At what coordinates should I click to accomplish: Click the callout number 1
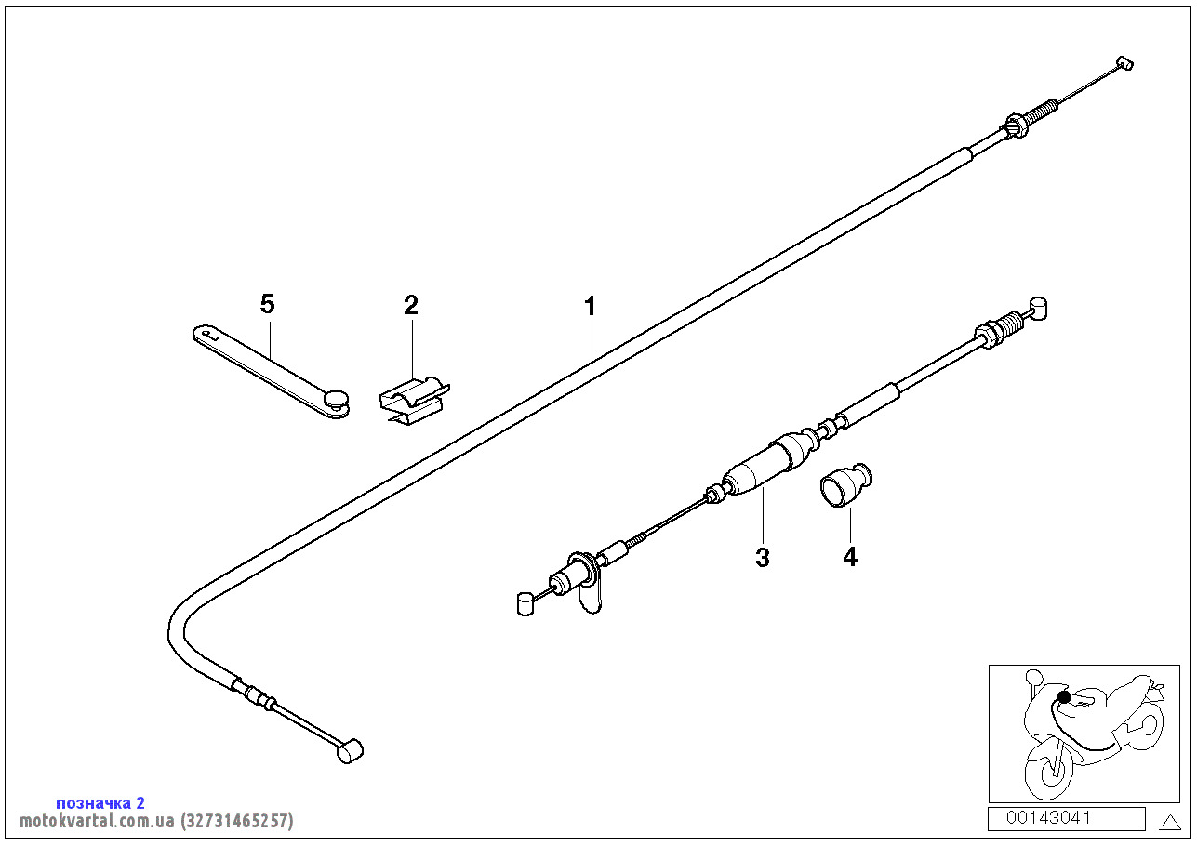pos(589,306)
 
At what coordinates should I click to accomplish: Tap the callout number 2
pos(411,305)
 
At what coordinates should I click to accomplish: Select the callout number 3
pos(763,558)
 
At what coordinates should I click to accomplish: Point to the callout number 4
pos(849,557)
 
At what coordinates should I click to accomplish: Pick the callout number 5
pos(268,304)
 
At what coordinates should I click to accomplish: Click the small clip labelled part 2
pos(413,399)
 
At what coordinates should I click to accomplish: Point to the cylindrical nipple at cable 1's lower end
pos(350,749)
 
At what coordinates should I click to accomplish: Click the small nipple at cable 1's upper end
pos(1124,63)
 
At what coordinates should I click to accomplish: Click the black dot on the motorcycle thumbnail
pos(1064,697)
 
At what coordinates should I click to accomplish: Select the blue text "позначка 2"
pos(100,802)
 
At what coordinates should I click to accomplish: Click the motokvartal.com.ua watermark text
pos(156,821)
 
